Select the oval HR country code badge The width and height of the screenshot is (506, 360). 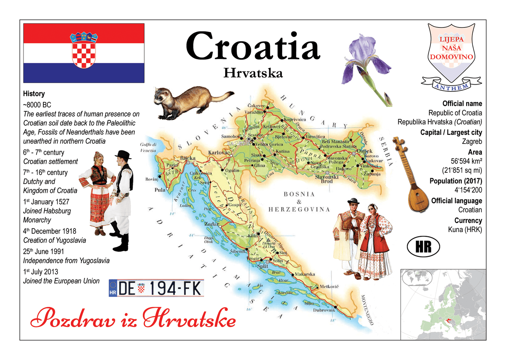click(423, 247)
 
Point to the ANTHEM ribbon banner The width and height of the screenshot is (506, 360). click(451, 86)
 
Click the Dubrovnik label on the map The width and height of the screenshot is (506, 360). click(324, 310)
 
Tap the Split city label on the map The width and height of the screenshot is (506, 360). click(263, 266)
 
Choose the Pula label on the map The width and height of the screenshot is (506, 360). click(160, 190)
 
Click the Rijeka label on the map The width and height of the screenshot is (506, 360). click(188, 158)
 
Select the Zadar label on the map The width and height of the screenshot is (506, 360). click(211, 224)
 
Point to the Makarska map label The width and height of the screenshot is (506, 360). click(305, 274)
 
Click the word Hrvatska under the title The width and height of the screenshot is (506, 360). click(253, 73)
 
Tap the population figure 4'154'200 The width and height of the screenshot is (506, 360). click(468, 190)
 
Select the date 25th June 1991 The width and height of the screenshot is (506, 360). click(43, 252)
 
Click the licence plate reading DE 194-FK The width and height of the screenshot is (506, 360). click(156, 288)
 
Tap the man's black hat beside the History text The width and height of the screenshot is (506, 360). click(123, 155)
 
